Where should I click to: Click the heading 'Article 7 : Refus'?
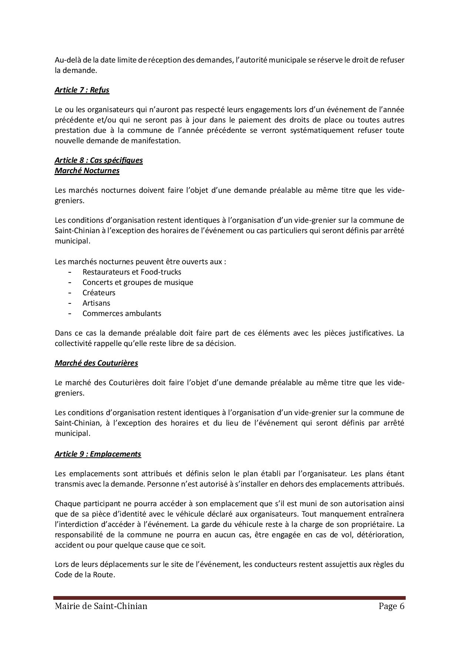[82, 90]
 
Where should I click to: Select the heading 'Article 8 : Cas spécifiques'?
[98, 160]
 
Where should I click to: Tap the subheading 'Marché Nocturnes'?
[87, 171]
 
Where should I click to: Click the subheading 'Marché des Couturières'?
[96, 363]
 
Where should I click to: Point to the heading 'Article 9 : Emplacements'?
[98, 454]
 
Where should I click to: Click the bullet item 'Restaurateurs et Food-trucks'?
[132, 272]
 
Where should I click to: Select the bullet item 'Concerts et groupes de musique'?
[138, 282]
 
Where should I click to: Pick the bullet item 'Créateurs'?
[99, 293]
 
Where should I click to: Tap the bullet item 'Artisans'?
[96, 303]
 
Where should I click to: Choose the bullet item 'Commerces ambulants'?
[122, 313]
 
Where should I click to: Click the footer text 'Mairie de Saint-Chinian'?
[101, 606]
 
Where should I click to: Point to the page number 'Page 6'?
[391, 606]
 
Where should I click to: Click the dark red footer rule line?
[229, 598]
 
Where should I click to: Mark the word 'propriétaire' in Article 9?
[372, 524]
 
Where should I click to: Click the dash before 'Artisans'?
[70, 303]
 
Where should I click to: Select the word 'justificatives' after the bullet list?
[367, 333]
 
